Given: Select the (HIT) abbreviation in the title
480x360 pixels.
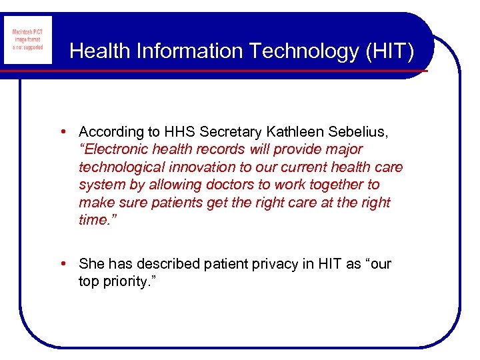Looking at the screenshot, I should click(x=389, y=51).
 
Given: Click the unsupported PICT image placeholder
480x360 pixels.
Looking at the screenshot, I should click(x=27, y=41).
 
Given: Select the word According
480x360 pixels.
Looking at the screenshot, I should click(x=111, y=132).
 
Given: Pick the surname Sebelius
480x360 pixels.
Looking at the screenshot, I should click(x=357, y=132).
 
